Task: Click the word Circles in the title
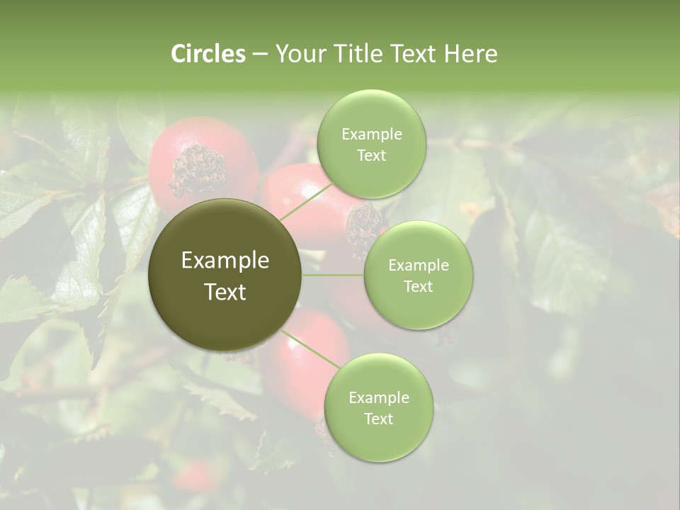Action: coord(208,54)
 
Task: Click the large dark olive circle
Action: coord(225,275)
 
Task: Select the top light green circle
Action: coord(371,144)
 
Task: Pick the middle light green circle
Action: coord(419,275)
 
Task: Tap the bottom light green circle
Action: coord(378,407)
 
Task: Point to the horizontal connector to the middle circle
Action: coord(333,275)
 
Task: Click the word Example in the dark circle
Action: coord(225,261)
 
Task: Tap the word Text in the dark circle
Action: coord(225,292)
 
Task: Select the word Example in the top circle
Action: coord(371,134)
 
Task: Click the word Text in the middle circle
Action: coord(419,286)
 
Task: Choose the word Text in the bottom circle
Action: coord(378,419)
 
